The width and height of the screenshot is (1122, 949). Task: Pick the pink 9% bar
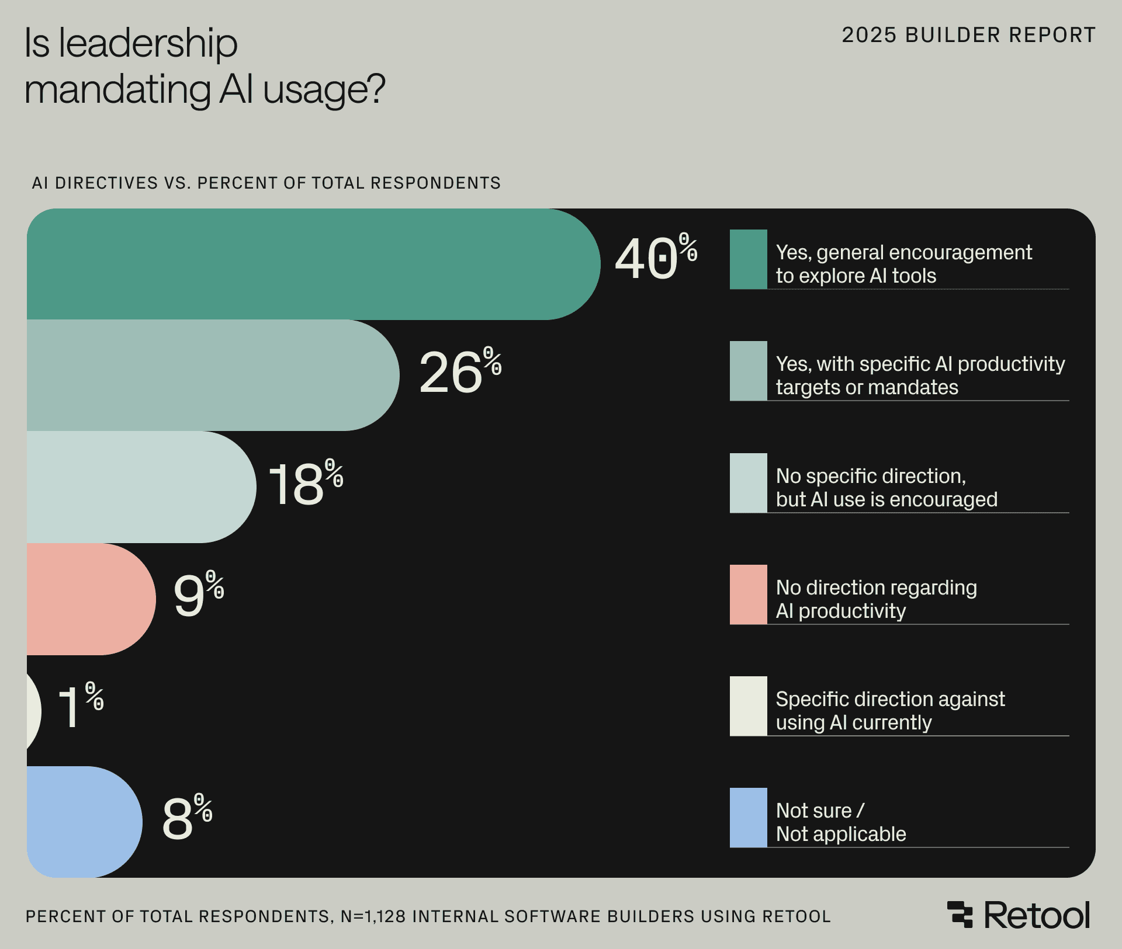[x=88, y=599]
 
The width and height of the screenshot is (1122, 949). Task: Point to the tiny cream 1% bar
[x=33, y=710]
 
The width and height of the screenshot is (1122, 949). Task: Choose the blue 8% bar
[x=82, y=822]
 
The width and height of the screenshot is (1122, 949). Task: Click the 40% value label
[x=654, y=258]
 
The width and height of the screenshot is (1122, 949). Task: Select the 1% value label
[x=80, y=705]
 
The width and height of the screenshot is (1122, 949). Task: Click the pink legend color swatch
[x=748, y=595]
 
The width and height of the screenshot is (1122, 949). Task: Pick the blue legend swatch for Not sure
[x=748, y=818]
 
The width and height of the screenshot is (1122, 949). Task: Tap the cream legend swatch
[x=748, y=706]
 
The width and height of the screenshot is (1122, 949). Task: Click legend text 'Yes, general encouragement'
[x=903, y=252]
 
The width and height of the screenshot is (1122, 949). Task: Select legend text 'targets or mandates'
[x=867, y=388]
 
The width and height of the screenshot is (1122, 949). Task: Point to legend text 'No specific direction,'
[x=871, y=476]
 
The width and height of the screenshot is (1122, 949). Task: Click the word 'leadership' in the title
[x=148, y=43]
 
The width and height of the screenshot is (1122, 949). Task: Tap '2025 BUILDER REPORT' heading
[x=968, y=35]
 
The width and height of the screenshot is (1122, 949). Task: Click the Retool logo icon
[x=960, y=915]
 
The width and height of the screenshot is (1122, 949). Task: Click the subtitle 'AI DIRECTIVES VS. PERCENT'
[x=175, y=183]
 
